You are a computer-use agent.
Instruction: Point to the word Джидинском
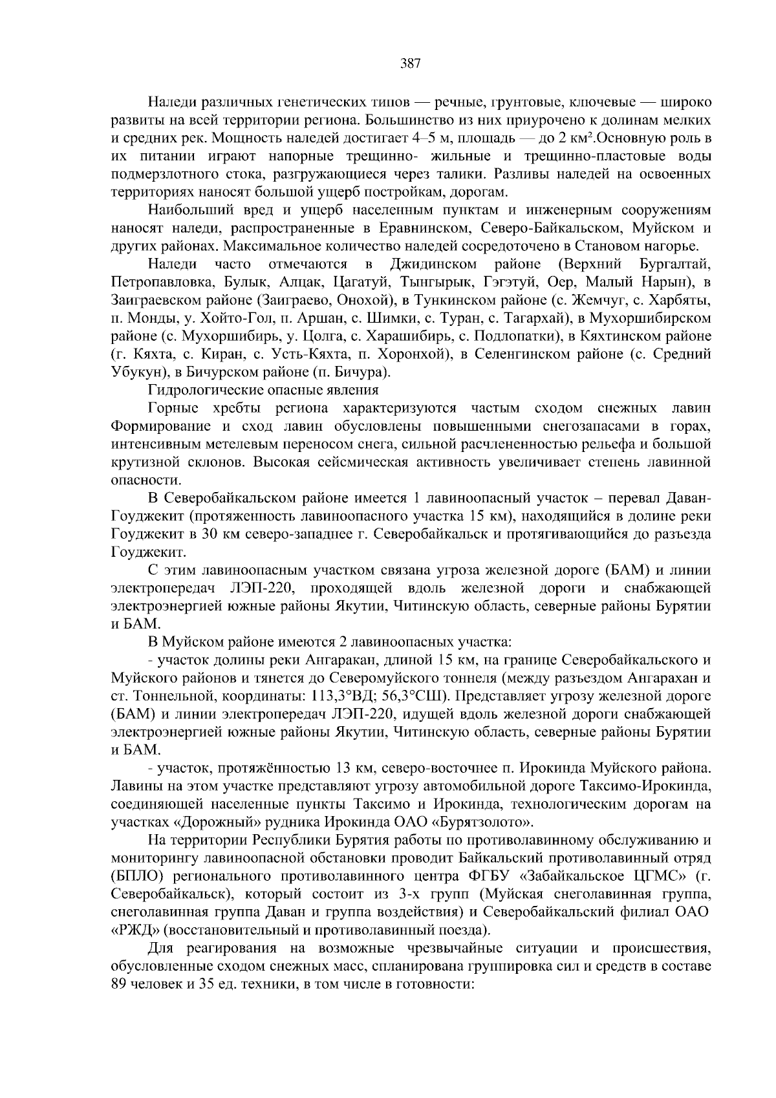(x=434, y=264)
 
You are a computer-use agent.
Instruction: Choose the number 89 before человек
(x=118, y=985)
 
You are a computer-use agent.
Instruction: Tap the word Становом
(x=611, y=246)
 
